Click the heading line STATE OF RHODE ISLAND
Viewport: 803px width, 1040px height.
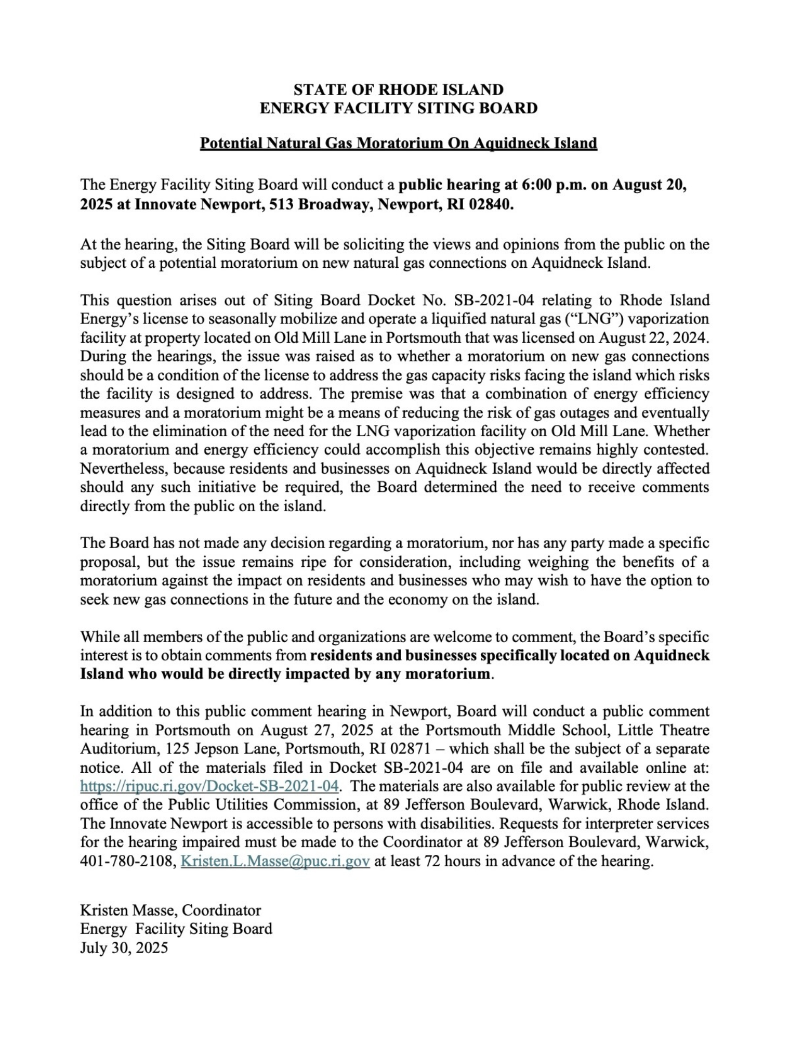[x=398, y=89]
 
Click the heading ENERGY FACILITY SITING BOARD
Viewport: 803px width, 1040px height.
[x=398, y=108]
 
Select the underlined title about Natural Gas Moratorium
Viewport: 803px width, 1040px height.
[x=398, y=143]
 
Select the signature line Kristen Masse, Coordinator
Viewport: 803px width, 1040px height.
[x=170, y=910]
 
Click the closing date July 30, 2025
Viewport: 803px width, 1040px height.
[x=124, y=947]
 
